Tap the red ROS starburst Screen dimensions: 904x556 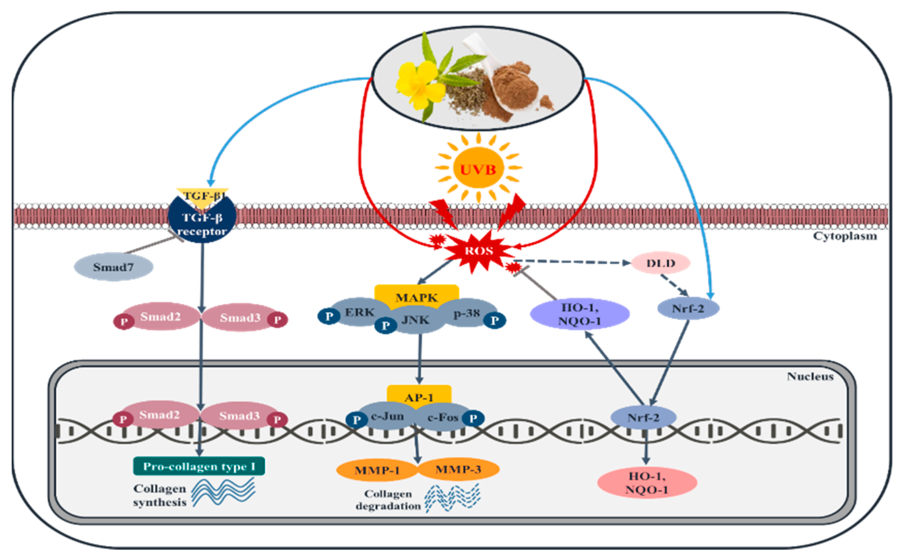pyautogui.click(x=479, y=250)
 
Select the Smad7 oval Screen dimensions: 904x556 pyautogui.click(x=113, y=267)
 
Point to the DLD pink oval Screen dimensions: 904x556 pyautogui.click(x=661, y=263)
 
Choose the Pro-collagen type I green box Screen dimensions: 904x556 pyautogui.click(x=199, y=466)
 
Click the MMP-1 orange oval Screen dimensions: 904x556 pyautogui.click(x=377, y=470)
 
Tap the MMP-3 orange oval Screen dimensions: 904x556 pyautogui.click(x=458, y=470)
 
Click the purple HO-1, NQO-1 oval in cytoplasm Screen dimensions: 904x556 pyautogui.click(x=580, y=314)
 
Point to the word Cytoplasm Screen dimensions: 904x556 pyautogui.click(x=845, y=236)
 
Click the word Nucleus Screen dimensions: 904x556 pyautogui.click(x=810, y=376)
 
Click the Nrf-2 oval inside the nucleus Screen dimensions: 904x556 pyautogui.click(x=643, y=418)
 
